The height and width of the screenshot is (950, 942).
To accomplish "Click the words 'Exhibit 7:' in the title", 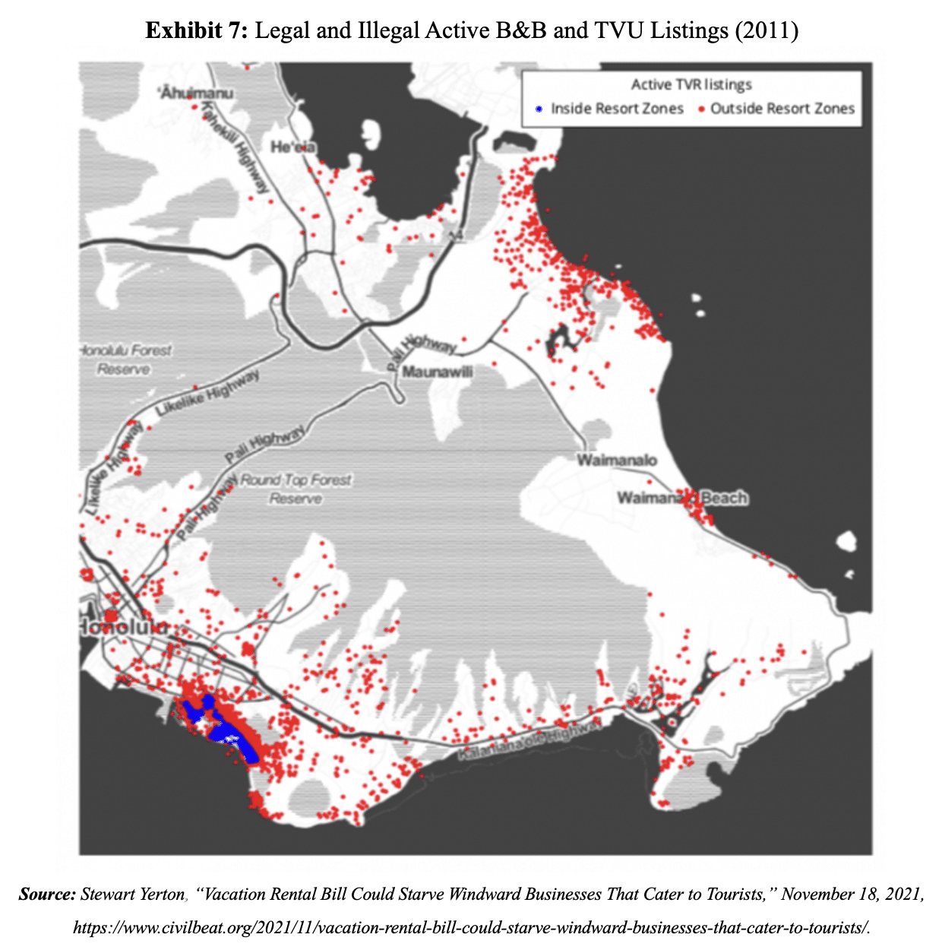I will pyautogui.click(x=197, y=31).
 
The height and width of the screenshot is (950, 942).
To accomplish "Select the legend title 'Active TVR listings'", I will pyautogui.click(x=691, y=84).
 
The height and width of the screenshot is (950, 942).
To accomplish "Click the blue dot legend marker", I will pyautogui.click(x=539, y=109).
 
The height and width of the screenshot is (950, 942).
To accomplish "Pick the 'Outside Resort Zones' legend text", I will pyautogui.click(x=782, y=109).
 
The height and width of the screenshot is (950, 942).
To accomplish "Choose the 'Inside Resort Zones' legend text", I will pyautogui.click(x=617, y=109).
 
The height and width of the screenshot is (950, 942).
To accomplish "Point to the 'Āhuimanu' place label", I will pyautogui.click(x=197, y=93).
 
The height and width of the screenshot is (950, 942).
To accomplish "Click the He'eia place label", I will pyautogui.click(x=293, y=147).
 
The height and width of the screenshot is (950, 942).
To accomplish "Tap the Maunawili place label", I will pyautogui.click(x=438, y=372).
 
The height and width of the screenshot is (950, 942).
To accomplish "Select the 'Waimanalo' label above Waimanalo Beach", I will pyautogui.click(x=617, y=460).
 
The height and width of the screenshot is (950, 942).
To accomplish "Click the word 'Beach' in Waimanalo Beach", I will pyautogui.click(x=724, y=498).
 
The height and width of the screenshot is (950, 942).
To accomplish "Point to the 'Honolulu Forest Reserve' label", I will pyautogui.click(x=125, y=359).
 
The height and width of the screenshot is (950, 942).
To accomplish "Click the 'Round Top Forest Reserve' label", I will pyautogui.click(x=296, y=489).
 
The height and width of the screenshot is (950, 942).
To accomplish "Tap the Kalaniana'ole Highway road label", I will pyautogui.click(x=529, y=741).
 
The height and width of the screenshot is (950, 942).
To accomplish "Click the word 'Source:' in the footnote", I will pyautogui.click(x=47, y=894).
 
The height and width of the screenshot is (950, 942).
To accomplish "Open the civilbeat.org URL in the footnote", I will pyautogui.click(x=471, y=927).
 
